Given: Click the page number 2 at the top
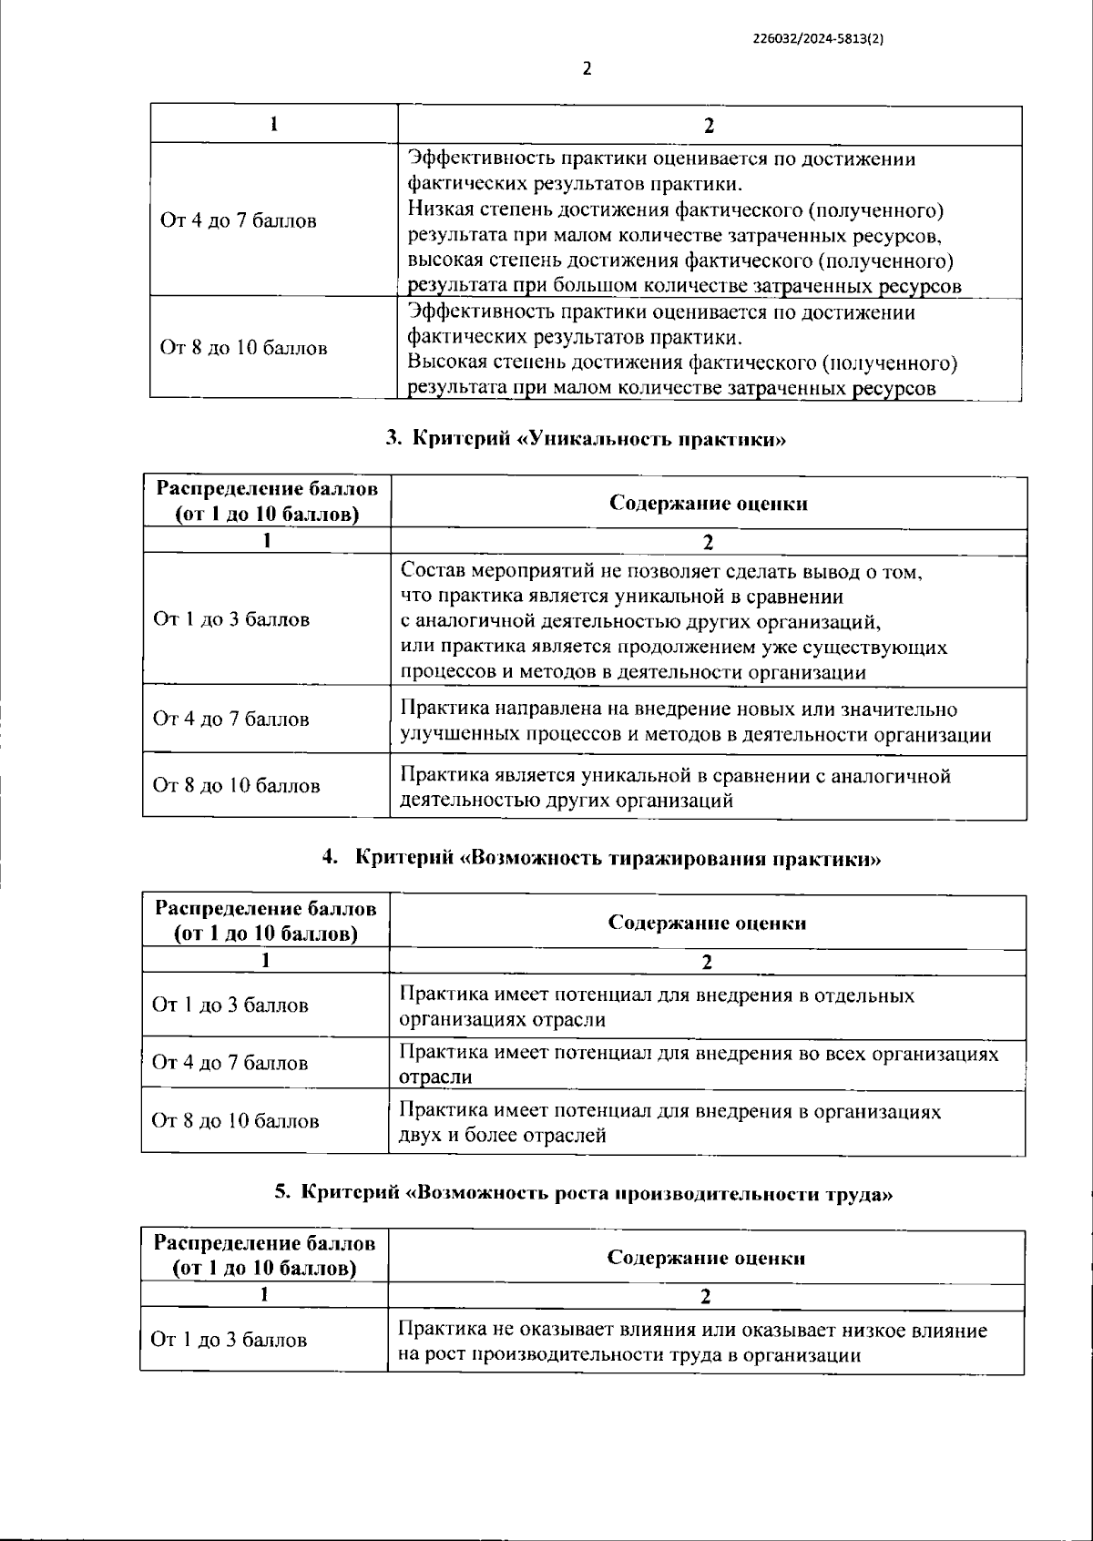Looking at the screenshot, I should click(587, 69).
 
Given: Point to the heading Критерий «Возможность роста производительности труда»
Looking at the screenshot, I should click(583, 1194).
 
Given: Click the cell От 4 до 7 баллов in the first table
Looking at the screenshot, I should click(239, 220).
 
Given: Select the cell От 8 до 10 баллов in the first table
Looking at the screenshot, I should click(243, 348).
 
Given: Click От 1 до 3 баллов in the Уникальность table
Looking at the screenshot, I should click(231, 619).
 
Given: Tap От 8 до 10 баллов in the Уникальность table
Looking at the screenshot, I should click(236, 785).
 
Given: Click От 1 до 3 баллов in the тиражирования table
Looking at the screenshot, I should click(230, 1005).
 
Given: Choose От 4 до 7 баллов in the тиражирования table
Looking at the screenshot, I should click(230, 1063).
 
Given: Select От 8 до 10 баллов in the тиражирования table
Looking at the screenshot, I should click(235, 1120).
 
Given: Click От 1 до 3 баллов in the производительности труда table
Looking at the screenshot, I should click(229, 1340).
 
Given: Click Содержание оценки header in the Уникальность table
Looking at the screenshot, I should click(708, 503).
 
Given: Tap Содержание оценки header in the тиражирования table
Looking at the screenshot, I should click(707, 923).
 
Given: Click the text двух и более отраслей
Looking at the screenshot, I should click(502, 1136).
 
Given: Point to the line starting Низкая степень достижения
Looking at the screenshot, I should click(675, 210).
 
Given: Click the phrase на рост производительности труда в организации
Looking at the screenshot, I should click(629, 1354).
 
